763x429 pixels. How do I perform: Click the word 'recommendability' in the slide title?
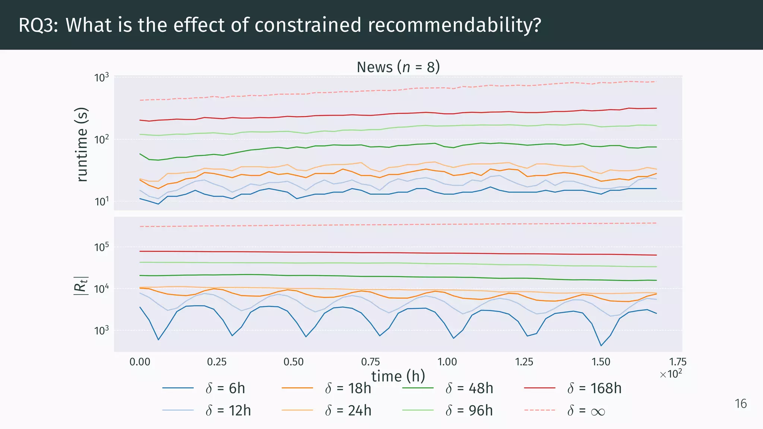454,25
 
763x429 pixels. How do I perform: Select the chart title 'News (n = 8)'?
398,67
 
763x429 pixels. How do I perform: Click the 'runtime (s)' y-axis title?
82,144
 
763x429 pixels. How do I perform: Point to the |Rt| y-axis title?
81,286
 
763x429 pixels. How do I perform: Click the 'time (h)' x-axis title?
398,376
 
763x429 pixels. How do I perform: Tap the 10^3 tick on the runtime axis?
102,77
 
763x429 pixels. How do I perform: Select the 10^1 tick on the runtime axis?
102,201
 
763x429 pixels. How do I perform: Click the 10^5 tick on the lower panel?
102,247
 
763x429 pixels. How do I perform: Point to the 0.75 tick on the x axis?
370,362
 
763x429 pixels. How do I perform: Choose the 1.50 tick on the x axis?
601,362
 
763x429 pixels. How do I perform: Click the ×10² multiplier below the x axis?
671,374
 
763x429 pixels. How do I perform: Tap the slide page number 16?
741,404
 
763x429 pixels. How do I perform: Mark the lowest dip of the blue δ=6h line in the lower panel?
601,346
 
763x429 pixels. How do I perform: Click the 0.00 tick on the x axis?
140,362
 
